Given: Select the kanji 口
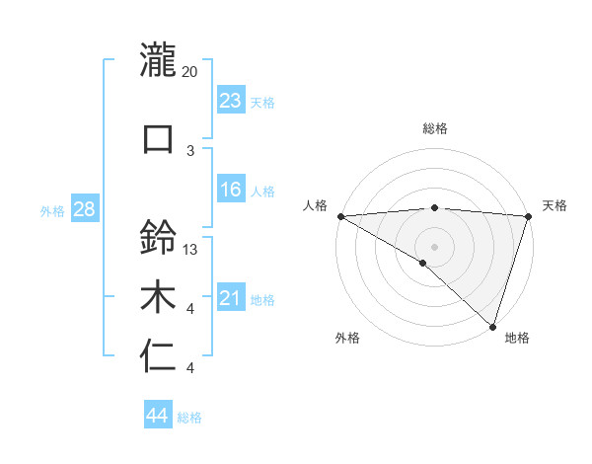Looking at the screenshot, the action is pos(158,138).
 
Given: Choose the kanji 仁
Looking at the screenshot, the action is pos(158,356).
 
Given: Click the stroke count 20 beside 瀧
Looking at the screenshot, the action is pos(190,72).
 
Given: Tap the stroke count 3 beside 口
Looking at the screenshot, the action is pos(190,150).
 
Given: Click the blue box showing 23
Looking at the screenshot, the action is pos(230,101).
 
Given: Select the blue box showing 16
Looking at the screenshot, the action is pos(230,190).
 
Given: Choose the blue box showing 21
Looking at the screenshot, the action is pos(230,298).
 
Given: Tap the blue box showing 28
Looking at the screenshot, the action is pos(83,209).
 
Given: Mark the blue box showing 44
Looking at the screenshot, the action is pos(157,416).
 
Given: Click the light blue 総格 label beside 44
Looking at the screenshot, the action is pos(189,418).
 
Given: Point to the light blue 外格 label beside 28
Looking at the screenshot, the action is pos(52,210).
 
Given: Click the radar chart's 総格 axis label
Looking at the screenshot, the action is pos(434,128).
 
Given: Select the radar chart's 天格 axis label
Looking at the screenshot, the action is pos(555,205).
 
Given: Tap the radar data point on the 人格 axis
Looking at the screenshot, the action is pos(340,216).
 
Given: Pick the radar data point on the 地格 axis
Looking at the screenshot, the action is pos(492,326).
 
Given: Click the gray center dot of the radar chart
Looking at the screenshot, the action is pos(434,245).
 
